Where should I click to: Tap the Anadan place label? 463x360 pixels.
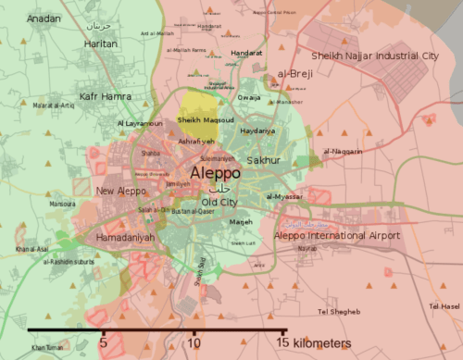click(44, 19)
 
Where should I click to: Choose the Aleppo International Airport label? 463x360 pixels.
click(337, 236)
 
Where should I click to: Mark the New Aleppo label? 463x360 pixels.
click(118, 191)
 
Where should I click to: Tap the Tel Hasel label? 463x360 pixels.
click(445, 306)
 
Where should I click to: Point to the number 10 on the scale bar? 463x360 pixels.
click(194, 344)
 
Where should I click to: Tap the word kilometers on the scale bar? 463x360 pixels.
click(320, 344)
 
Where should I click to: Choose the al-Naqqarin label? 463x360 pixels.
click(342, 151)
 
